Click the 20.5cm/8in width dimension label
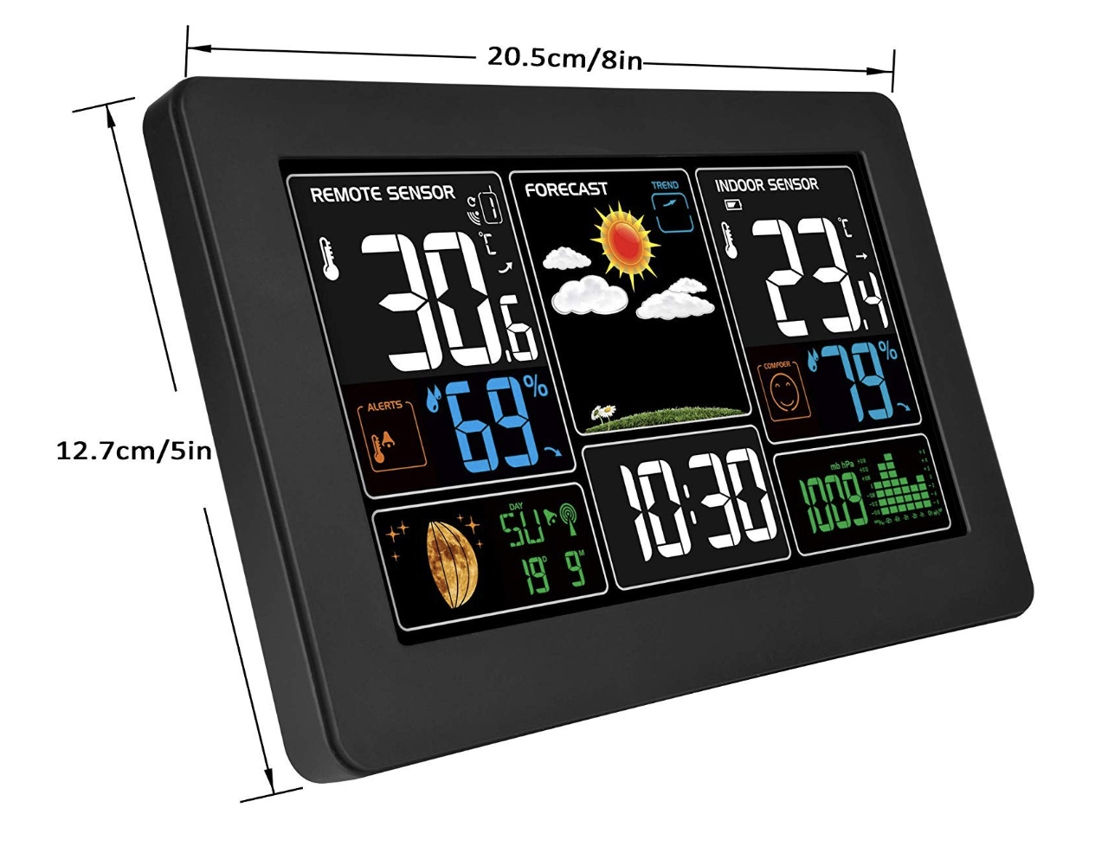(564, 58)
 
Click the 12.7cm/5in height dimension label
(134, 451)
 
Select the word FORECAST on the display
(566, 189)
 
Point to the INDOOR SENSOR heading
(766, 184)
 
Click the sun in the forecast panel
(622, 243)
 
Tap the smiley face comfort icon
(785, 389)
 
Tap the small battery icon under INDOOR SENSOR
(733, 205)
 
